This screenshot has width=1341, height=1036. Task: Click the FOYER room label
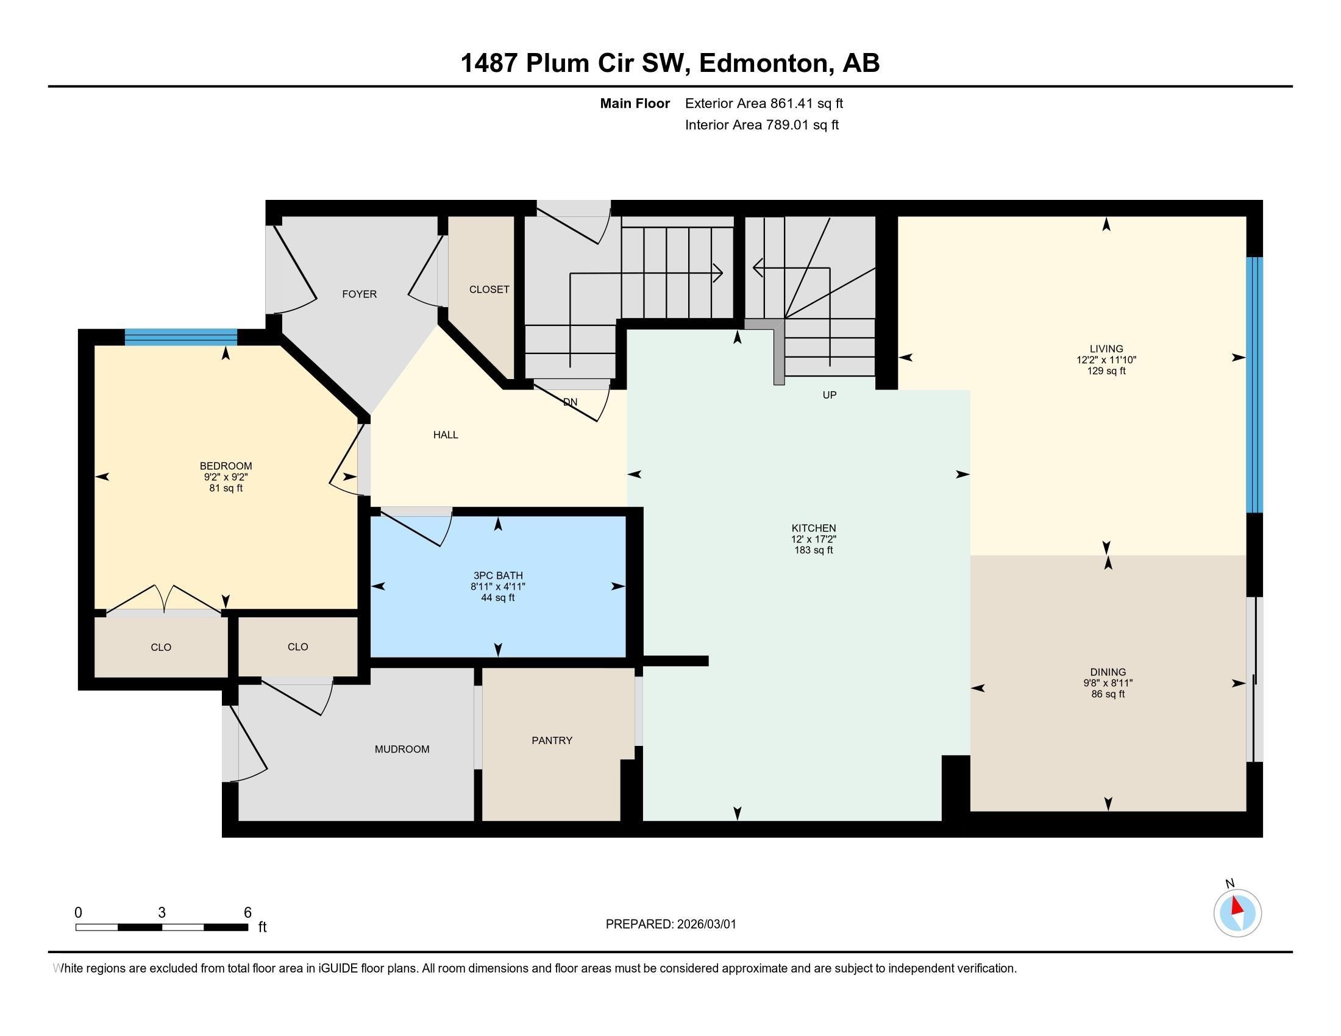(x=359, y=294)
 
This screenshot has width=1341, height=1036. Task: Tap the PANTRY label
(x=552, y=741)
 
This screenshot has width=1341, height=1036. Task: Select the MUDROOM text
(x=402, y=750)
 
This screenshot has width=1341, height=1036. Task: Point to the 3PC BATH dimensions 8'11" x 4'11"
(x=497, y=587)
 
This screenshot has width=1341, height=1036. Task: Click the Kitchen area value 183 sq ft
(x=813, y=550)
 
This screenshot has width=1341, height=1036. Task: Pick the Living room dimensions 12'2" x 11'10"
(x=1106, y=360)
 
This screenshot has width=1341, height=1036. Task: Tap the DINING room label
(x=1108, y=672)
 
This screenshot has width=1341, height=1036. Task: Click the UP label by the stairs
(x=829, y=396)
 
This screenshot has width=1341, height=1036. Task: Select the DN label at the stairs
(x=570, y=403)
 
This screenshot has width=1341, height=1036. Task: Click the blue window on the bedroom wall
(x=180, y=337)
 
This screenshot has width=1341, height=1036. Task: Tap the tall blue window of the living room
(x=1253, y=385)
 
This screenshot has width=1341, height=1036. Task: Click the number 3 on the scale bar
(x=162, y=913)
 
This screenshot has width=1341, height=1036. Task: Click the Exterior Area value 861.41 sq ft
(x=806, y=104)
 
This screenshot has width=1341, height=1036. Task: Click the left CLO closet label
(x=161, y=647)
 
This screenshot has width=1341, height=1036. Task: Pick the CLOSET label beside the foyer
(x=489, y=289)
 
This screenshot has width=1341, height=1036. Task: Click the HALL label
(x=445, y=435)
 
